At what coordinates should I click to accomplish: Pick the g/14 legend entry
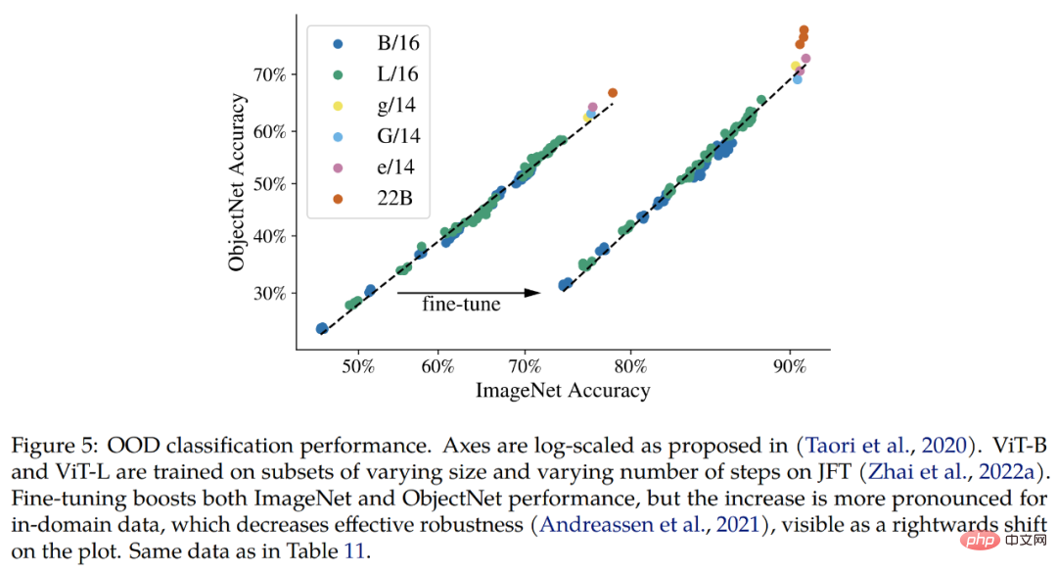click(x=383, y=105)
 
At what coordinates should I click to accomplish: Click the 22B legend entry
click(x=383, y=199)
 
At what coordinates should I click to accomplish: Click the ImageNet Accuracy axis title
click(x=563, y=391)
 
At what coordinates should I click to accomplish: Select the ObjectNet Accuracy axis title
click(x=237, y=183)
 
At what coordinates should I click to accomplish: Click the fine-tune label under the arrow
click(x=461, y=304)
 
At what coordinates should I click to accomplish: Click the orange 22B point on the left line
click(x=613, y=93)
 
